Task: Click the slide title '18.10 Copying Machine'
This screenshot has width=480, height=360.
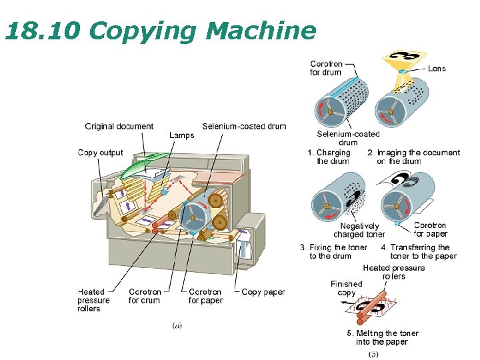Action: tap(160, 31)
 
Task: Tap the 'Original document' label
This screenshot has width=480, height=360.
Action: tap(119, 126)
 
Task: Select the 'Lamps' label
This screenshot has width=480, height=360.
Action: tap(181, 135)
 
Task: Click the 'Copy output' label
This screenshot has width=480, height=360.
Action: tap(101, 153)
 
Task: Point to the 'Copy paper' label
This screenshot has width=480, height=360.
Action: tap(263, 292)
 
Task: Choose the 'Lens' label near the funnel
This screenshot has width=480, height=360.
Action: tap(436, 69)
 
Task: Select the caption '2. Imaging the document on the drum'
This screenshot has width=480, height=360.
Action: tap(413, 157)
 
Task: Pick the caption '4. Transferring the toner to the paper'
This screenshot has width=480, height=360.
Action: tap(419, 251)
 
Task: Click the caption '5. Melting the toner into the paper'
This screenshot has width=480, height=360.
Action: tap(382, 337)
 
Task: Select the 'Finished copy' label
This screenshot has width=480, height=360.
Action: tap(347, 288)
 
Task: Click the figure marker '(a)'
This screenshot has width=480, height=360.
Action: tap(177, 325)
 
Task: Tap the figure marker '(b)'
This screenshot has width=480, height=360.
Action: tap(373, 354)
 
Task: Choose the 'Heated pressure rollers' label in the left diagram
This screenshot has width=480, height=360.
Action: tap(93, 300)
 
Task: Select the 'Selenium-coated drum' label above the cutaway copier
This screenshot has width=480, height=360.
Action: tap(244, 126)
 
